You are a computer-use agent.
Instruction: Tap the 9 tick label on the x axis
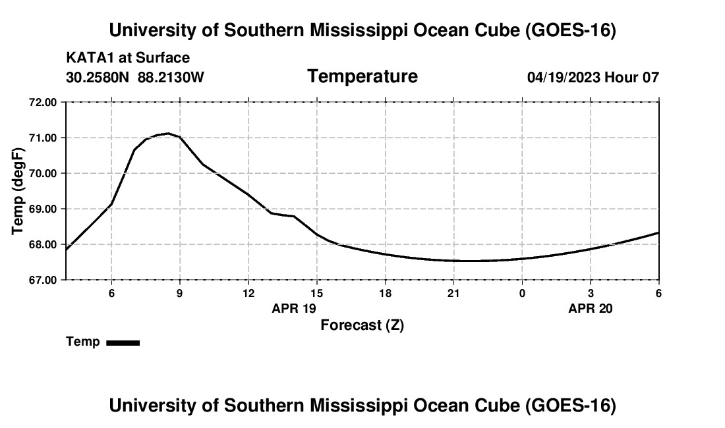pyautogui.click(x=180, y=293)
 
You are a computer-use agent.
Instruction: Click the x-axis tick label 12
pyautogui.click(x=248, y=293)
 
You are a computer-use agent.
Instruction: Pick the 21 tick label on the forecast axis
pyautogui.click(x=453, y=293)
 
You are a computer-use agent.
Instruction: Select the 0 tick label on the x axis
pyautogui.click(x=522, y=293)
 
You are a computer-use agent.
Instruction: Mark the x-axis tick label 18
pyautogui.click(x=385, y=293)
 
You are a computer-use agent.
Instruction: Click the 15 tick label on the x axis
pyautogui.click(x=317, y=293)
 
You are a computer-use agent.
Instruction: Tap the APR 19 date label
pyautogui.click(x=293, y=308)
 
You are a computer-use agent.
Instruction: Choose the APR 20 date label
pyautogui.click(x=591, y=308)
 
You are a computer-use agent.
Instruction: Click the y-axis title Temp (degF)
pyautogui.click(x=18, y=191)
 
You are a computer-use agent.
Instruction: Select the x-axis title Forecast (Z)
pyautogui.click(x=362, y=325)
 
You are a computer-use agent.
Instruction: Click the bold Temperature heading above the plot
pyautogui.click(x=362, y=76)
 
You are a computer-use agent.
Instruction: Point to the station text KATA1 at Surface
pyautogui.click(x=128, y=58)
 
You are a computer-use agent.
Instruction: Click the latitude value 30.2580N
pyautogui.click(x=98, y=77)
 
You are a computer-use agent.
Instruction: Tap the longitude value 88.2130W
pyautogui.click(x=171, y=77)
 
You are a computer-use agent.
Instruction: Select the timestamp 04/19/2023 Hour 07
pyautogui.click(x=593, y=77)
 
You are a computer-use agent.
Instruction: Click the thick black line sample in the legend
pyautogui.click(x=123, y=342)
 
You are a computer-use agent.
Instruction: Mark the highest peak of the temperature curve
pyautogui.click(x=168, y=134)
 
